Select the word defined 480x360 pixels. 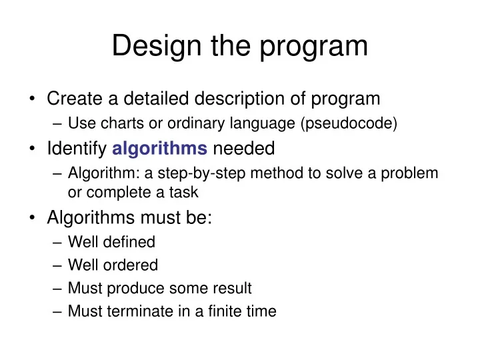point(130,242)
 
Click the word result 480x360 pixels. point(233,288)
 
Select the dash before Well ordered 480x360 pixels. point(58,265)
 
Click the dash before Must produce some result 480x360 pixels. point(58,288)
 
